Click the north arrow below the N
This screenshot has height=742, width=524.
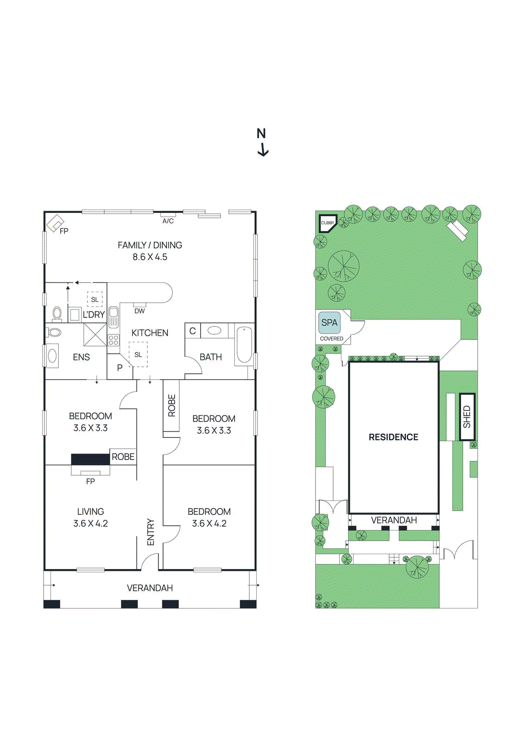coord(263,150)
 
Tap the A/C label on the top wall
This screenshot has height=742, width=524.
coord(168,221)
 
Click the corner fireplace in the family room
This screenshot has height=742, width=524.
coord(55,224)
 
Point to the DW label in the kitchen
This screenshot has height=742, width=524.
coord(139,311)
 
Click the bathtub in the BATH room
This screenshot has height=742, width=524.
coord(244,345)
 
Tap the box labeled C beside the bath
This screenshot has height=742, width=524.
coord(193,331)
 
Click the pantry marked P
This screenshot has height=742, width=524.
coord(120,368)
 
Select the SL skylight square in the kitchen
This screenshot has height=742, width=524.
coord(138,355)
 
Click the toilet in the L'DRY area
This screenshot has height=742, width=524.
coord(57,314)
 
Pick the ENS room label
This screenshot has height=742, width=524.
coord(81,357)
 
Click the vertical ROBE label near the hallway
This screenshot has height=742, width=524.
coord(171,406)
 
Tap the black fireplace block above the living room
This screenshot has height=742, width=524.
coord(90,460)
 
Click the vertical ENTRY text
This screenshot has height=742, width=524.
coord(150,532)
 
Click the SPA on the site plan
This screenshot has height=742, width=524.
coord(329,323)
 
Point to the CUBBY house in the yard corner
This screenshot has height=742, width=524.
coord(328,223)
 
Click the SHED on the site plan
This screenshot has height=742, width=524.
coord(467,416)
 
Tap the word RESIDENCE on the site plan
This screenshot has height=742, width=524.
coord(393,437)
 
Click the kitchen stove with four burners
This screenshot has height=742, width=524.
coord(114,340)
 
